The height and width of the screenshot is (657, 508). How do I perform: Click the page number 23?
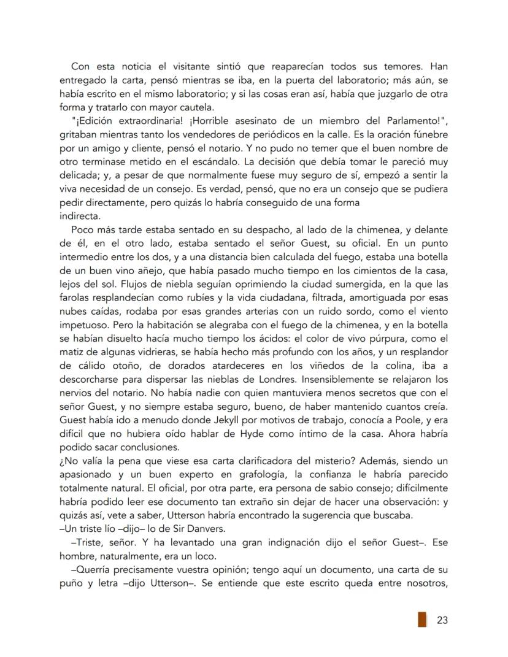coord(442,620)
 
